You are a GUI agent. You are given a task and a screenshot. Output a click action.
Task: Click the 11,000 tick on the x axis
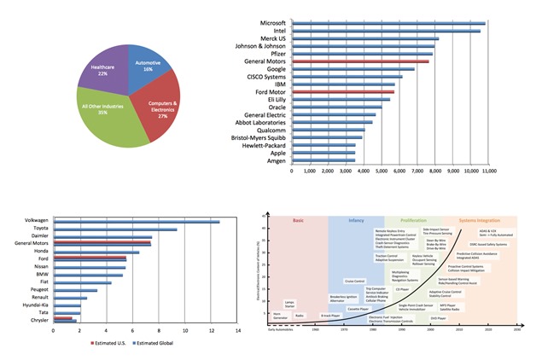[483, 171]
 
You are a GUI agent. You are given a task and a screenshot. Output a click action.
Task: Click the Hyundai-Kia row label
[30, 305]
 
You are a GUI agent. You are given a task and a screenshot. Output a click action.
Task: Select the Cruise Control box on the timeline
[354, 281]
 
